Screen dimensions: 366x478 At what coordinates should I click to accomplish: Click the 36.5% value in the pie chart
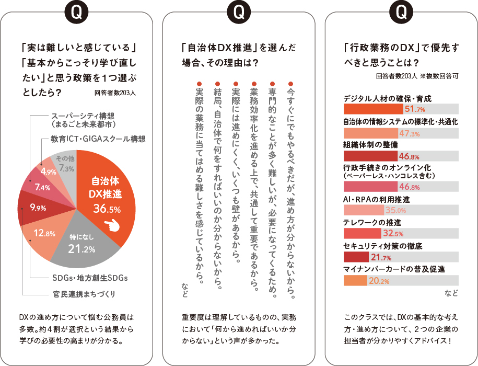tap(107, 209)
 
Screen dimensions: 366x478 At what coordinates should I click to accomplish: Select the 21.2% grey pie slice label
tap(81, 248)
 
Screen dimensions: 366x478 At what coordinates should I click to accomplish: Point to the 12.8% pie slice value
tap(44, 233)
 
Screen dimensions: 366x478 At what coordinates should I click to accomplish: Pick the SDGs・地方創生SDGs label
tap(90, 278)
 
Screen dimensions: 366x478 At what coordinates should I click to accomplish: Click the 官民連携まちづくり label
tap(84, 293)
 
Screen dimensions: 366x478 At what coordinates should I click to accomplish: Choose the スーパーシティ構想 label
tap(83, 116)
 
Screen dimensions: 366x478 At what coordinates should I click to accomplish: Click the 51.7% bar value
tap(415, 109)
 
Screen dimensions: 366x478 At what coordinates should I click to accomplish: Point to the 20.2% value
tap(379, 281)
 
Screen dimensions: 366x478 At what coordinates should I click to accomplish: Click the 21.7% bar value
tap(381, 257)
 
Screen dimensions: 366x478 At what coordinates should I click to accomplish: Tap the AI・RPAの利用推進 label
tap(377, 200)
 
